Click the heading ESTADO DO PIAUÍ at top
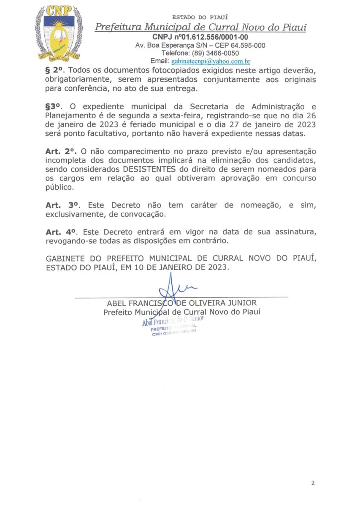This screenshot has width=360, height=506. [x=200, y=17]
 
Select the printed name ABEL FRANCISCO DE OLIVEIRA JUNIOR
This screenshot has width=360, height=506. [x=181, y=303]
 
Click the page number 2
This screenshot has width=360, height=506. [x=313, y=483]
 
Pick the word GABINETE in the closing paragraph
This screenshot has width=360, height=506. [x=62, y=258]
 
